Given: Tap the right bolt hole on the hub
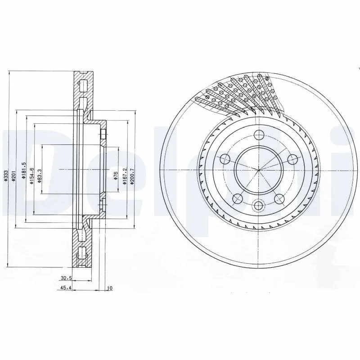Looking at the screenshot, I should click(292, 158).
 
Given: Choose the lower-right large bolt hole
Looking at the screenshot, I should click(280, 198).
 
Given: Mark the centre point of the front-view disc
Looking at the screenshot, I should click(258, 170).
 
